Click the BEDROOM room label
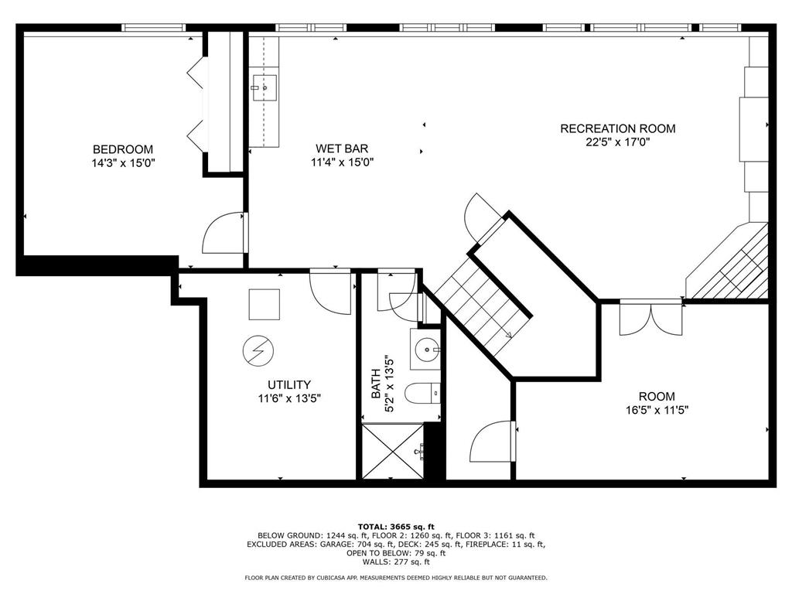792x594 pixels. coord(123,149)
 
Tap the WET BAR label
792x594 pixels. coord(342,148)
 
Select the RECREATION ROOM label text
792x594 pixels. coord(618,128)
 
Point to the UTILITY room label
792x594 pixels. coord(289,385)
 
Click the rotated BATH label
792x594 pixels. coord(376,384)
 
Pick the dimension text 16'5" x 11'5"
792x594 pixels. coord(657,410)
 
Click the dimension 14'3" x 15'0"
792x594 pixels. coord(123,163)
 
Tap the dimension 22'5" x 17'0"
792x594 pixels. coord(618,142)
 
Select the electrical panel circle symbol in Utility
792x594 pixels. coord(258,350)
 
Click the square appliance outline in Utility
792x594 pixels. coord(265,304)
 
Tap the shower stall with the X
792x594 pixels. coord(393,451)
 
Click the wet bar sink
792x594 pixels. coord(264,88)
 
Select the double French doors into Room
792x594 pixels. coord(651,318)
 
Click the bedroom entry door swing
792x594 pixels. coord(224,233)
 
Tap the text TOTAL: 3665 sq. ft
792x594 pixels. coord(396,527)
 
